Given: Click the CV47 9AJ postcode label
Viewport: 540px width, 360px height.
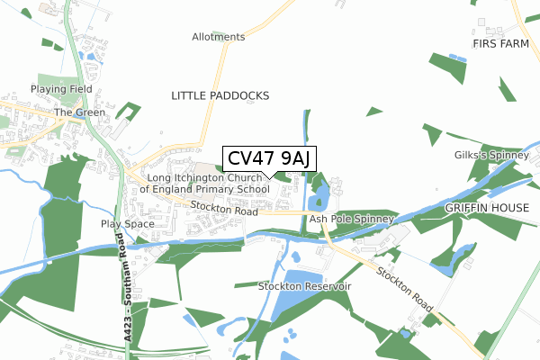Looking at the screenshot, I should pos(268,158).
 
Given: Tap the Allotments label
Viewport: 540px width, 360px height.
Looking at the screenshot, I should pos(218,37).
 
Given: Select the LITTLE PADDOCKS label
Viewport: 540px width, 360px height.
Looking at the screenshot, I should pos(220,94).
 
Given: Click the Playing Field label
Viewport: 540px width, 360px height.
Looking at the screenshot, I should pos(56,90).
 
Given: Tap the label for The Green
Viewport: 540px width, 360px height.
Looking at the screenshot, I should pos(74,112).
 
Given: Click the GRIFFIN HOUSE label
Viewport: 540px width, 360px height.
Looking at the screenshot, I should pos(483,207).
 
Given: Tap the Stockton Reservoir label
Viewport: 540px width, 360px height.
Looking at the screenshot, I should pos(304,285).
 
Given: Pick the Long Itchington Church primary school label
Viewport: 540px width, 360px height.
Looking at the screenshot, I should pos(204,184).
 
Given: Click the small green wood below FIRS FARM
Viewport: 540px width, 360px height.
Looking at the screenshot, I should pos(447,67).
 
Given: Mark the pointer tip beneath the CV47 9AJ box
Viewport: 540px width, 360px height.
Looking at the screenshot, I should pos(268,177).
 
